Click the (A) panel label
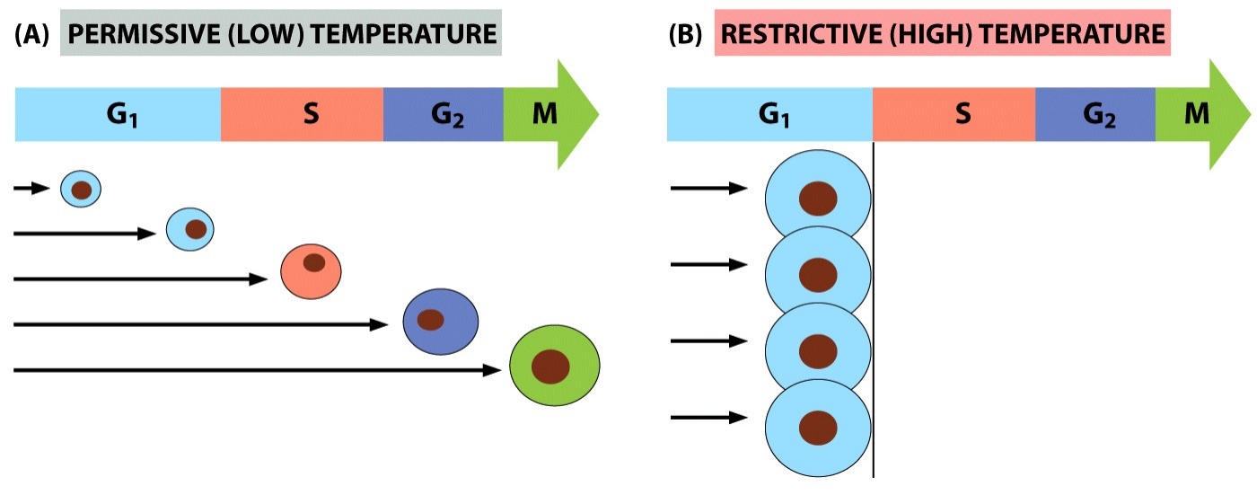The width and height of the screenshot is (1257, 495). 31,34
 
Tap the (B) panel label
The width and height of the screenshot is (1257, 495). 685,34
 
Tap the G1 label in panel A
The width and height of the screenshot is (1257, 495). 122,115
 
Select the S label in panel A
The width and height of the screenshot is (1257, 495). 311,113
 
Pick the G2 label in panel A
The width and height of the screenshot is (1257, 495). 447,115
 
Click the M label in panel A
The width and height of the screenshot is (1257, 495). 544,113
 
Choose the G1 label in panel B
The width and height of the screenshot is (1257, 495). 774,115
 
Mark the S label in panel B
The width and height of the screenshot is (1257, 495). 963,113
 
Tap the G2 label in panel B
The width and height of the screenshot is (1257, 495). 1099,115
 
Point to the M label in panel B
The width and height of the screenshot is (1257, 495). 1196,113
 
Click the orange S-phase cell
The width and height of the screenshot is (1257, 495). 311,271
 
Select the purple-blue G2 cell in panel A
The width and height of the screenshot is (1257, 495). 441,322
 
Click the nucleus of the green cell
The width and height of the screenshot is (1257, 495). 550,367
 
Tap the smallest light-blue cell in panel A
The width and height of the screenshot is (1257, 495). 81,190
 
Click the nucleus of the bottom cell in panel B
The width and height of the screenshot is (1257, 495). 818,428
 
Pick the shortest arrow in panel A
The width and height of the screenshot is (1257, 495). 32,188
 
